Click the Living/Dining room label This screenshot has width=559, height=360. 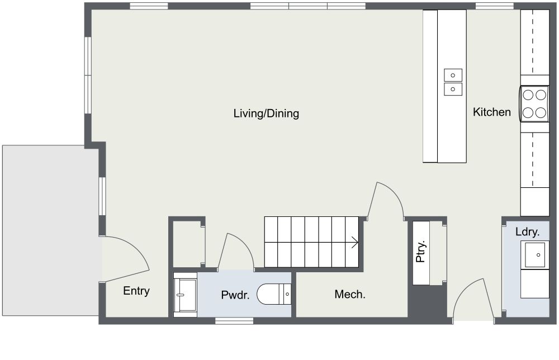[266, 113]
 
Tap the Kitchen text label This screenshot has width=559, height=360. [491, 112]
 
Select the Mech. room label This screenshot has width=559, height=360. [350, 294]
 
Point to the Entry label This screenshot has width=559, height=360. [136, 291]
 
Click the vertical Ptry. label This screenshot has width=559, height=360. [421, 252]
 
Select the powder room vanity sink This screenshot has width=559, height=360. [184, 294]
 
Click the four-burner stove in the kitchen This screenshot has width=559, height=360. [534, 103]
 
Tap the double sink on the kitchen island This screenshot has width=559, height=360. [453, 82]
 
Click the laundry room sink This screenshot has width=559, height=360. [535, 255]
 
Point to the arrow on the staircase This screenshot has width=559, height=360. [354, 242]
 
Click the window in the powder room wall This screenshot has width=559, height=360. [234, 321]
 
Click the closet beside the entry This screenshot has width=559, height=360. [186, 244]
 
